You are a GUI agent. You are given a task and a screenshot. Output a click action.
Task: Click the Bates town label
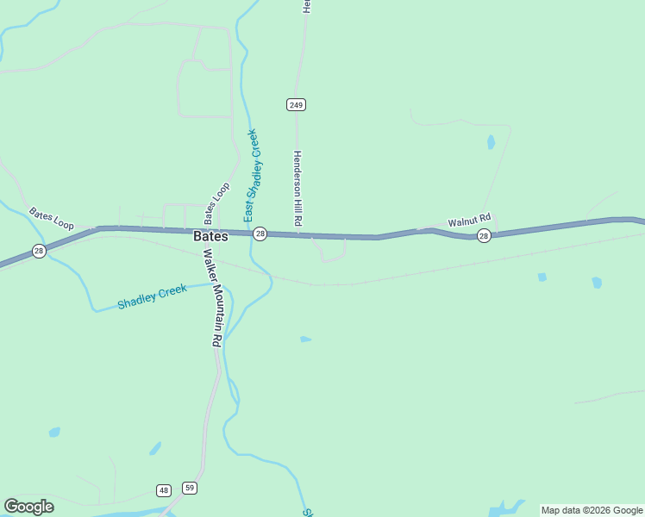tap(210, 236)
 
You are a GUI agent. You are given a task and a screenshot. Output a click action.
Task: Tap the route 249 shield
tap(297, 104)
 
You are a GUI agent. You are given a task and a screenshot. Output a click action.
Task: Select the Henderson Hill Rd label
tap(297, 189)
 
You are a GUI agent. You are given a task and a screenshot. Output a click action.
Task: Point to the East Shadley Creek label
tap(251, 175)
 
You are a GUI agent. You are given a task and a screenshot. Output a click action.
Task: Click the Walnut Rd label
tap(469, 221)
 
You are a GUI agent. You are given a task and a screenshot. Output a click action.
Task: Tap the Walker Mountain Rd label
tap(212, 297)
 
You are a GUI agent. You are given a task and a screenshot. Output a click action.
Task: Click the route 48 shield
tap(164, 490)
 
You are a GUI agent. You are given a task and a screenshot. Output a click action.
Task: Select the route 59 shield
tap(190, 488)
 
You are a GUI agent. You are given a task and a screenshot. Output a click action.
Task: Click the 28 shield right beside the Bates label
tap(260, 234)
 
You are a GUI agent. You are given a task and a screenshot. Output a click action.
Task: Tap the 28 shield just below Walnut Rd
tap(484, 235)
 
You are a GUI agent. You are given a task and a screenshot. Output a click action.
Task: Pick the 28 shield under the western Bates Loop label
tap(39, 251)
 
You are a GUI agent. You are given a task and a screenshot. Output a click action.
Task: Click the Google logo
tap(29, 507)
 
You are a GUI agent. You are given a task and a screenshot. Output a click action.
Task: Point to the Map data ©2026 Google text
tap(592, 510)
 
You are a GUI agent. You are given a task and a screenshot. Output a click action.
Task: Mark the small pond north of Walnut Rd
tap(491, 142)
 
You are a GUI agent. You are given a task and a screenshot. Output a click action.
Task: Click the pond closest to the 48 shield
tap(155, 449)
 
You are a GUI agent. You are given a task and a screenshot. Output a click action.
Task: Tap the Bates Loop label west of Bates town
tap(52, 219)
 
